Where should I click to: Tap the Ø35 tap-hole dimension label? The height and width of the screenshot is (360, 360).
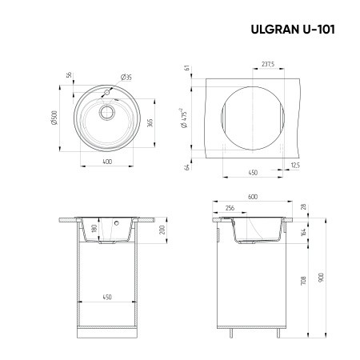coord(126,77)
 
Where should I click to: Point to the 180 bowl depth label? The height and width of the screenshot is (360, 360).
coord(94,230)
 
